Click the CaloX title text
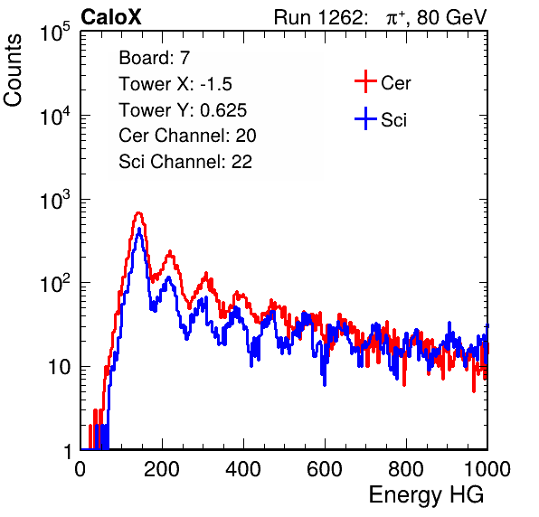[110, 17]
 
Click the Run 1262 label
[318, 17]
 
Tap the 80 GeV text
[452, 17]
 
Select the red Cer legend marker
[365, 81]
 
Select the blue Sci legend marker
[365, 118]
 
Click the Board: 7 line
[155, 58]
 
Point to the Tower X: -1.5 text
[175, 84]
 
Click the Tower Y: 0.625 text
[183, 110]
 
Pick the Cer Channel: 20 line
[187, 136]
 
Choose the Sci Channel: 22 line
[185, 162]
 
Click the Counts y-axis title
[13, 70]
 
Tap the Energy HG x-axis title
[426, 494]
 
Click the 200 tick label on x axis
[162, 469]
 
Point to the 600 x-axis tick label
[325, 469]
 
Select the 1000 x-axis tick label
[487, 469]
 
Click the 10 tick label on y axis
[60, 367]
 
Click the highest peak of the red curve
[138, 213]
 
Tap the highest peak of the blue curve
[139, 229]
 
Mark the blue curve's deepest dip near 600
[325, 385]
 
